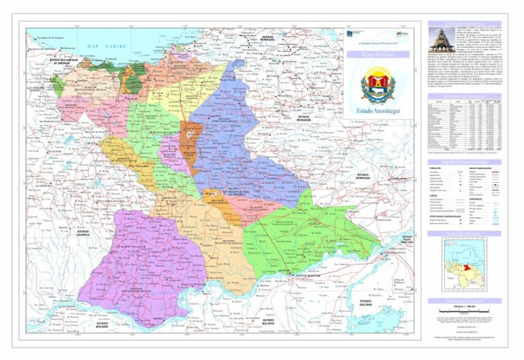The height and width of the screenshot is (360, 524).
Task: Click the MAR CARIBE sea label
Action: pos(102,46)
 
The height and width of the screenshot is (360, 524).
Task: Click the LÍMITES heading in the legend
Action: pos(433,195)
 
